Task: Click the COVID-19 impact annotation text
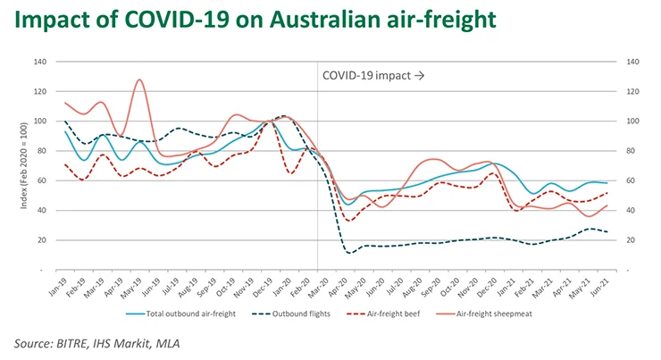372,77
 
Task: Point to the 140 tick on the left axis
39,62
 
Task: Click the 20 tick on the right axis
632,239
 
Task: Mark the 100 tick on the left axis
39,121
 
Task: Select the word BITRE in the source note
83,343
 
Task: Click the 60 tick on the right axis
632,180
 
